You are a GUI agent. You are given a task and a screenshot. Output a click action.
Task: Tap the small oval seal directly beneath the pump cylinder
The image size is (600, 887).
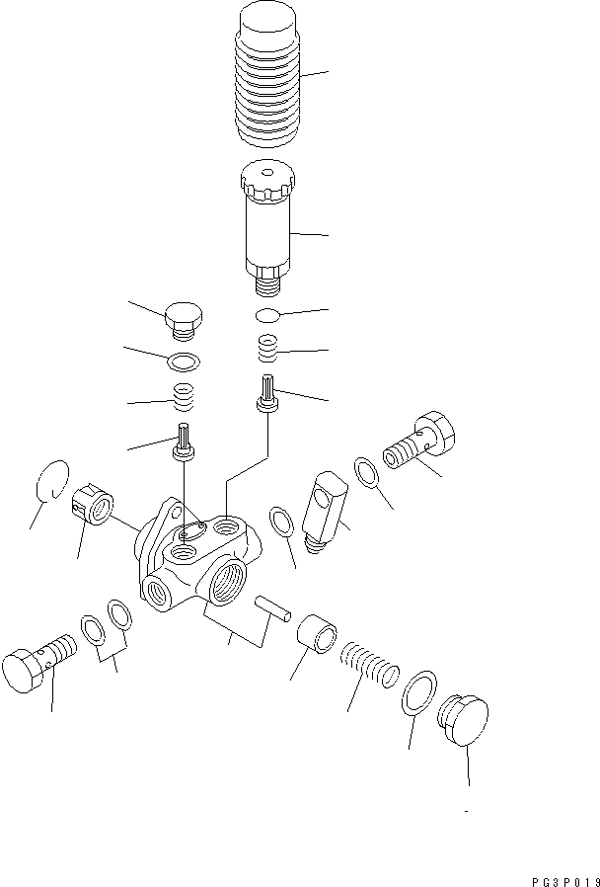265,315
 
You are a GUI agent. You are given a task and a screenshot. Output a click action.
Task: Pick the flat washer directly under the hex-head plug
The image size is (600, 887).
185,359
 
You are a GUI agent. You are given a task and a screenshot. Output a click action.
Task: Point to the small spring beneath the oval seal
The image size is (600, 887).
266,348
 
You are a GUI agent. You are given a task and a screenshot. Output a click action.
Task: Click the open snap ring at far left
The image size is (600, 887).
52,480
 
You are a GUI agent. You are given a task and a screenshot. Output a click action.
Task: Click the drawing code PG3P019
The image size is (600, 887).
562,877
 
